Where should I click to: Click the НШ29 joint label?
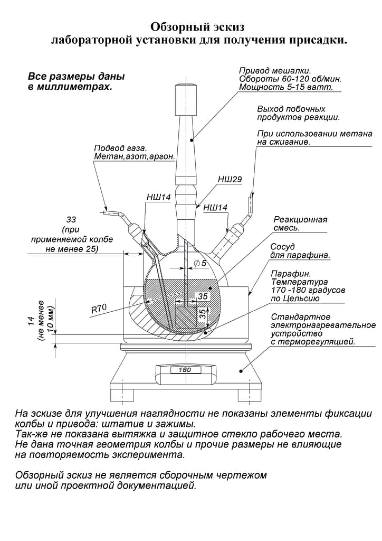point(230,180)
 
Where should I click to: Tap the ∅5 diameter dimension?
point(200,263)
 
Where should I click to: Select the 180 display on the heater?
point(185,370)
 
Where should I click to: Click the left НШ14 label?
point(158,198)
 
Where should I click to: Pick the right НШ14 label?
point(215,208)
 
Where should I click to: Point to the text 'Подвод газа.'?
point(120,148)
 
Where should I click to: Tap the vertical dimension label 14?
point(31,320)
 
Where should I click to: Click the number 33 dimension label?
point(72,219)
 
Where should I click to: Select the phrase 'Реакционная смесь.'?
point(300,223)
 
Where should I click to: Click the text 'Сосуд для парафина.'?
point(299,251)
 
